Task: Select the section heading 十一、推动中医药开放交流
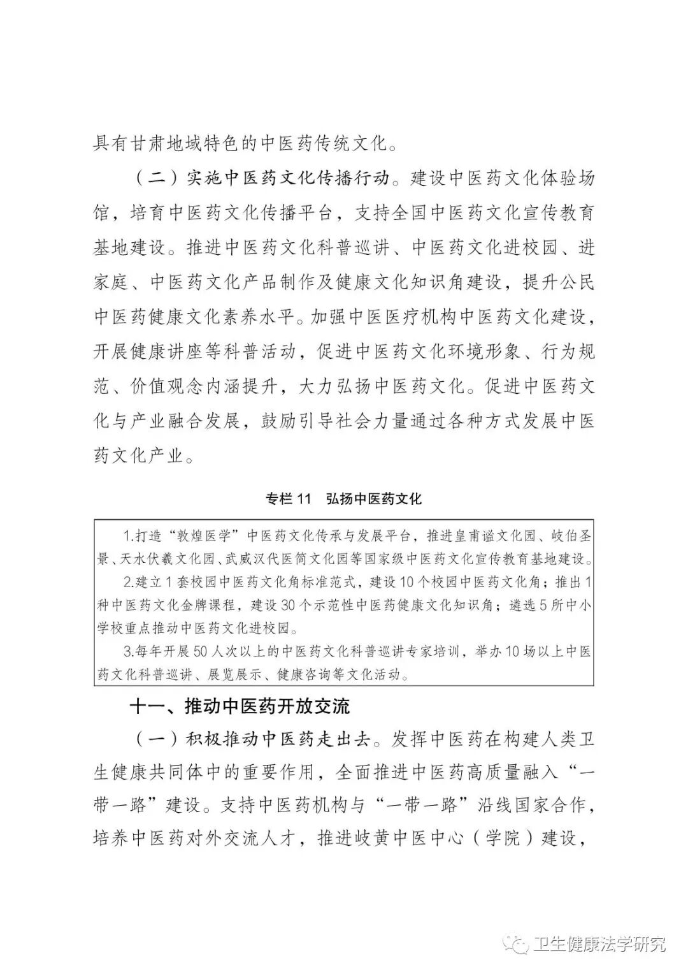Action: tap(240, 706)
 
